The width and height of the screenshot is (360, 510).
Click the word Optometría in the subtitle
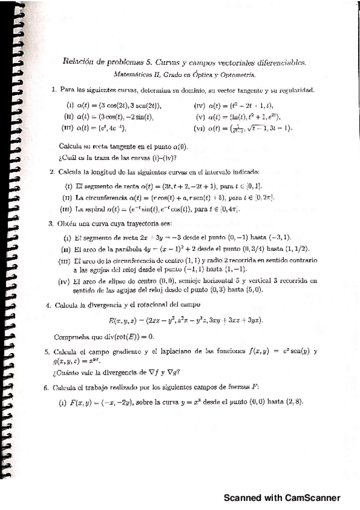click(x=239, y=75)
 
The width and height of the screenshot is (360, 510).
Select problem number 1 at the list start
click(x=53, y=90)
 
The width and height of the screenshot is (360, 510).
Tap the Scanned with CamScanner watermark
click(x=282, y=497)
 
